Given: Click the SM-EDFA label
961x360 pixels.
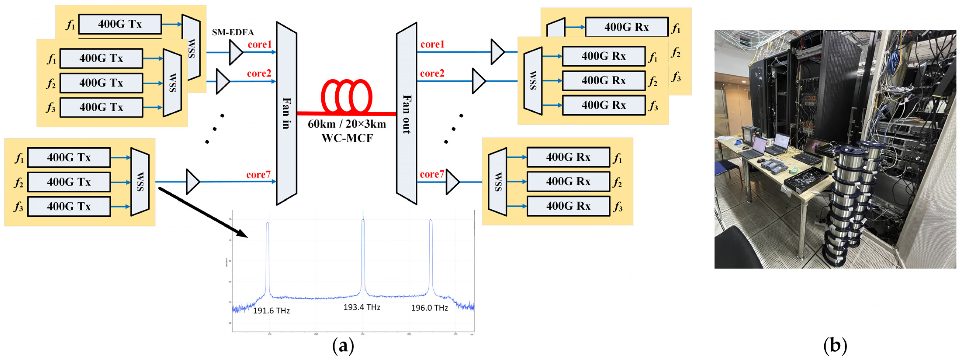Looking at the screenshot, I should pos(233,32).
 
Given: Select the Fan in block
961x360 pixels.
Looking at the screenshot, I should pos(286,113).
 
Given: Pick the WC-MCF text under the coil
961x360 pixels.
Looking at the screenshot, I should pos(347,138).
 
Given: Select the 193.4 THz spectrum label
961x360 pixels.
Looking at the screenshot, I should pos(361,307).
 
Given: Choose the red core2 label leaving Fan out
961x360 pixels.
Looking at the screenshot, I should pos(432,73).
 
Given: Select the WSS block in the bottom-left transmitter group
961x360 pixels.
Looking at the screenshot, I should pos(140,182).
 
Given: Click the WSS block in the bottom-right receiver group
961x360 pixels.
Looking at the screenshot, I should pos(497,182).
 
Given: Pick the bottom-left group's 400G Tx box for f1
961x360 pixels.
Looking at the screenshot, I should pos(69,157).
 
